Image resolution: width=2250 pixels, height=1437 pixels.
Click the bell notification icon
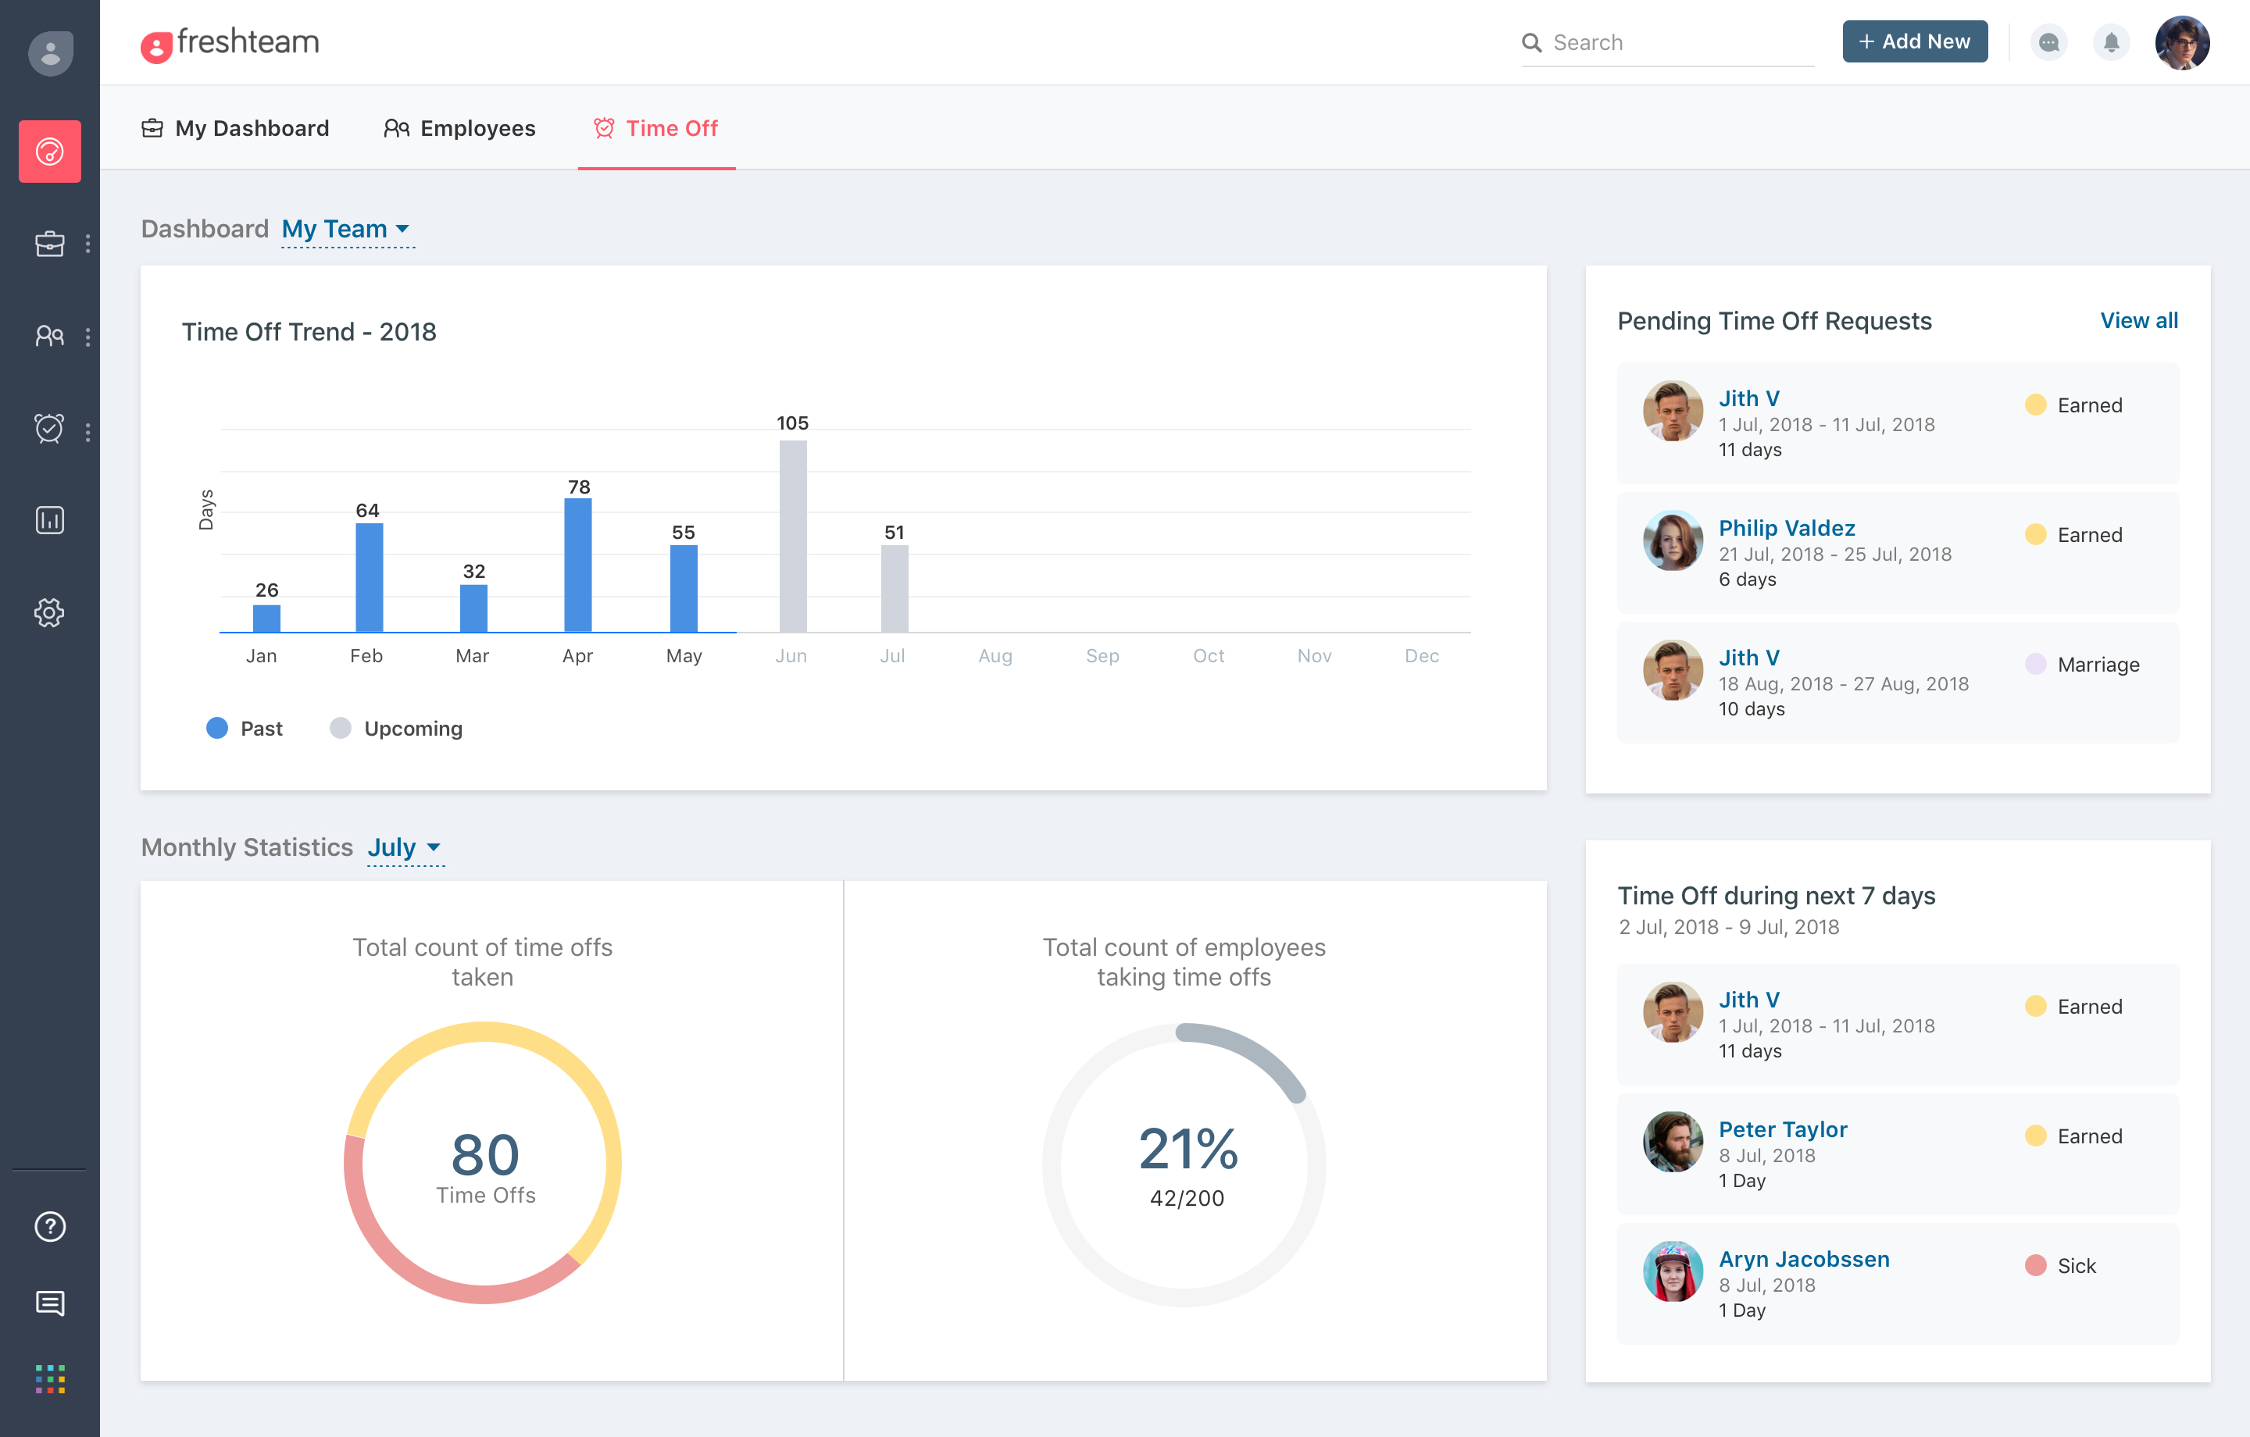click(2111, 42)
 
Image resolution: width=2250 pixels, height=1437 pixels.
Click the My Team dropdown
click(346, 229)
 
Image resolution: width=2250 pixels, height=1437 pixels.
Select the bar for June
click(792, 536)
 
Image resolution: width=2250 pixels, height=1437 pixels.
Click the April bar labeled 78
click(577, 565)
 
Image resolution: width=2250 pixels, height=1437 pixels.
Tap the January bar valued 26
click(266, 618)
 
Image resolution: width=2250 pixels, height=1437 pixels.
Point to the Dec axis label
click(1420, 656)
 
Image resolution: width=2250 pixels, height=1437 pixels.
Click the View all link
click(2137, 320)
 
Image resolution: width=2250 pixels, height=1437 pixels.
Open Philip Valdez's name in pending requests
click(1786, 528)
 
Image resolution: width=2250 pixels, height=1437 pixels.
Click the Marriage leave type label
click(2097, 665)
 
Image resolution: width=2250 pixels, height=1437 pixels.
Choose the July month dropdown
click(404, 847)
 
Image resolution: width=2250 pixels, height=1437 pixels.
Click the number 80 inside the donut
click(485, 1154)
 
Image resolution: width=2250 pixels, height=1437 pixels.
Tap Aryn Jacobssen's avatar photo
click(1672, 1271)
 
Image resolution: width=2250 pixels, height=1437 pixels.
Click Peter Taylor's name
click(1782, 1129)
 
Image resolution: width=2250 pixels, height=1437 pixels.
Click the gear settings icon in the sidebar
click(49, 613)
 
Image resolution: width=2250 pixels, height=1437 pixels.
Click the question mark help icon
click(49, 1226)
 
